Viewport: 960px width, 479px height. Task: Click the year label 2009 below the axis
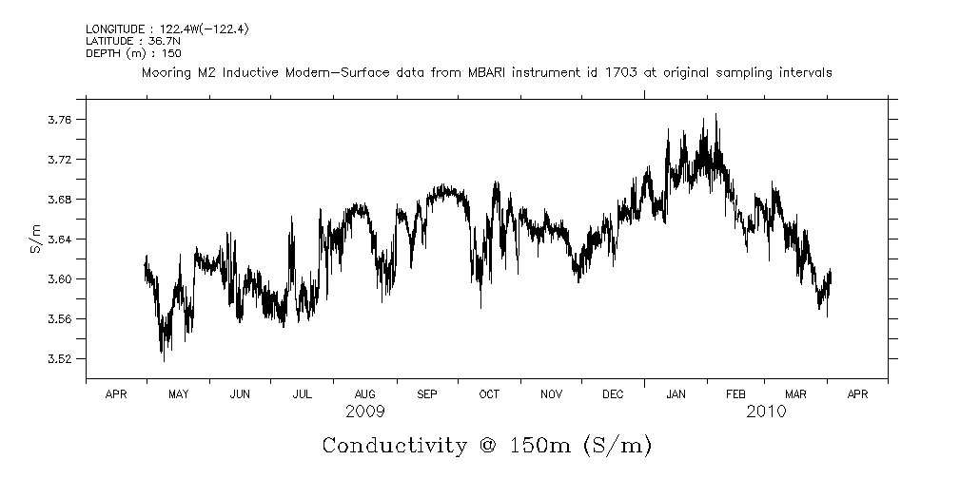tap(365, 412)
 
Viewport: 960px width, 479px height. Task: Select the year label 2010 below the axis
tap(767, 412)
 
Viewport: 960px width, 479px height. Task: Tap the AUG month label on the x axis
tap(364, 393)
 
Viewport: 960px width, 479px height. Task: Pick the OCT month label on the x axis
tap(489, 393)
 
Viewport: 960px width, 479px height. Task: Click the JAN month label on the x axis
tap(676, 393)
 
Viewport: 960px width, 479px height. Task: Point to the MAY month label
tap(178, 393)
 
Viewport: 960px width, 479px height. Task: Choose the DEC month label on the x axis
tap(613, 393)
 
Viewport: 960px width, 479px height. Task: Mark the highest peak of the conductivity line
tap(715, 115)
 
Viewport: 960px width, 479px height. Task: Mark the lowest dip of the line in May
tap(163, 361)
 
